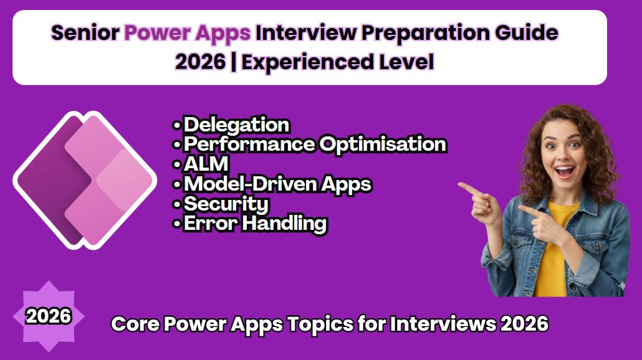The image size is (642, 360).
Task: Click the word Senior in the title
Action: [84, 32]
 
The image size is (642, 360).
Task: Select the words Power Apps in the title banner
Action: [188, 32]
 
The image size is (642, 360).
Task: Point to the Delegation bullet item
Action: [236, 125]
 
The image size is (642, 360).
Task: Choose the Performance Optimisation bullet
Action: [314, 144]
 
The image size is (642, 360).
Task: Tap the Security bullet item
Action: [226, 204]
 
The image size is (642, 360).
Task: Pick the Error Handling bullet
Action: [255, 224]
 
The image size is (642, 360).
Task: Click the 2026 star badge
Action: [49, 317]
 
